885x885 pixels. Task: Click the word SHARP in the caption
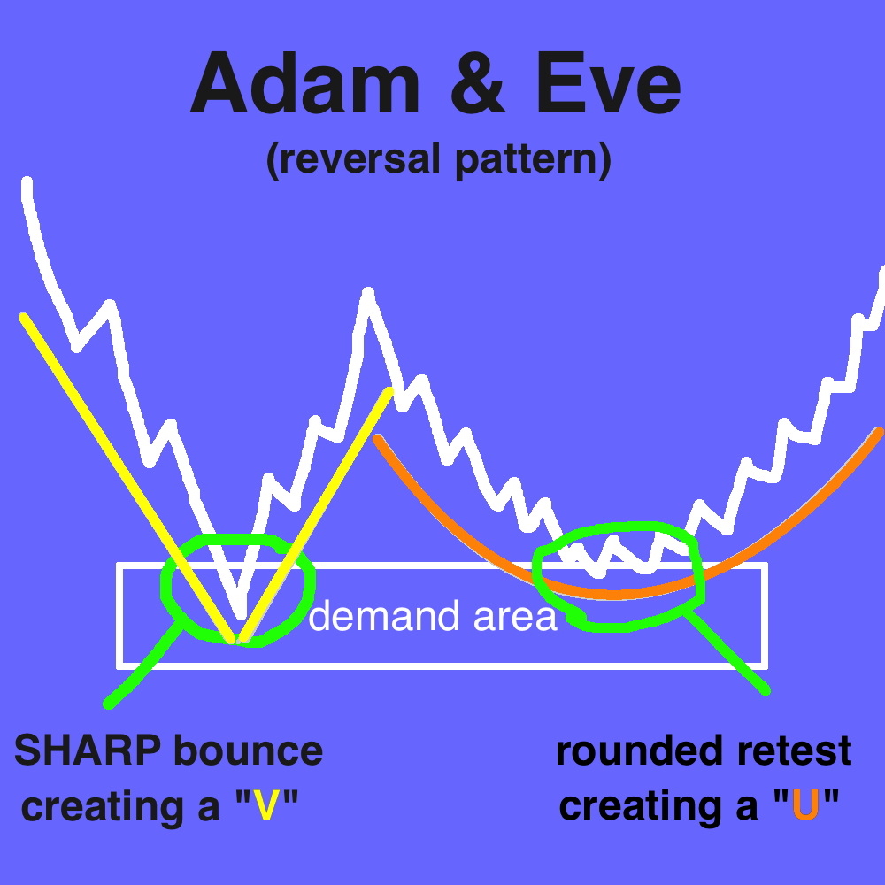point(88,750)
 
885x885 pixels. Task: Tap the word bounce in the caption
point(249,750)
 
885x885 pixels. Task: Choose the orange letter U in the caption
point(805,805)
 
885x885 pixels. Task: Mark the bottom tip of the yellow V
point(236,640)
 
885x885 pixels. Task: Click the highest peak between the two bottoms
point(368,292)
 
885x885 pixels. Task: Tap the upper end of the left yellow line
point(23,317)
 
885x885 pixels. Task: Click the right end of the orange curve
point(880,432)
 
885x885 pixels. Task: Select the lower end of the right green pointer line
point(765,689)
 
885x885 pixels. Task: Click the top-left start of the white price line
point(27,181)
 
